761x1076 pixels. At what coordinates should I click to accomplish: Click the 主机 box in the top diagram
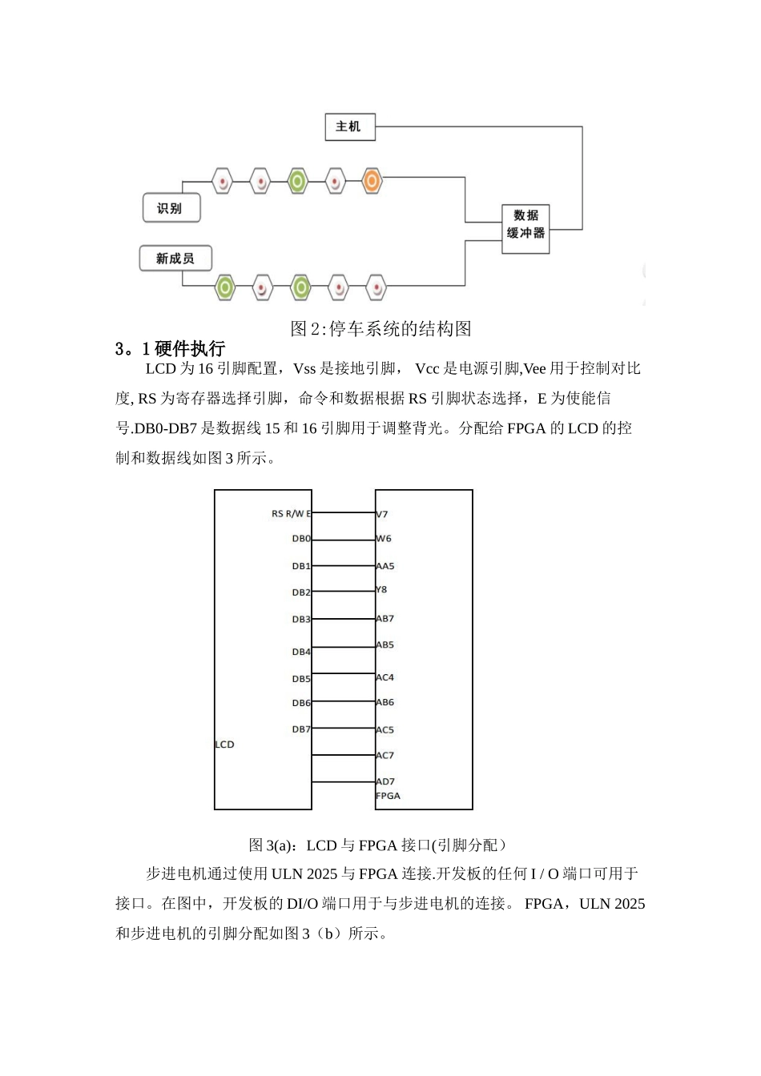(349, 126)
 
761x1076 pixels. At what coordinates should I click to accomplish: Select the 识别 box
(171, 208)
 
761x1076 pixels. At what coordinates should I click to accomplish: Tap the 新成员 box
(175, 259)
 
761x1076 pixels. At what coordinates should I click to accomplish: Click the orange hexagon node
(372, 181)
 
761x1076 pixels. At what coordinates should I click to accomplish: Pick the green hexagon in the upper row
(297, 182)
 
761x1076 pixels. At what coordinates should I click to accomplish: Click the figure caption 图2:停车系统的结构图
(380, 328)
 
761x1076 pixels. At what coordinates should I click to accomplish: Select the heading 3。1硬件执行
(170, 348)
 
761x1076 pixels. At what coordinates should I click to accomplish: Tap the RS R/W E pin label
(291, 514)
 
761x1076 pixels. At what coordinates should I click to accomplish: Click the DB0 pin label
(301, 539)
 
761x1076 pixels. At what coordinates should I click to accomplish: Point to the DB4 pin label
(301, 652)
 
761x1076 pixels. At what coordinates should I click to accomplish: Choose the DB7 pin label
(301, 729)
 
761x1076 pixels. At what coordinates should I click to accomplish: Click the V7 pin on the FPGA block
(382, 514)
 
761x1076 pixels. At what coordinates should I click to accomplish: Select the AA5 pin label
(385, 566)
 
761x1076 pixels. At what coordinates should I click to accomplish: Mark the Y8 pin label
(381, 589)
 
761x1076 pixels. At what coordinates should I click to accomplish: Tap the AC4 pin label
(385, 677)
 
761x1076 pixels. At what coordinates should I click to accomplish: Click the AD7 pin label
(385, 781)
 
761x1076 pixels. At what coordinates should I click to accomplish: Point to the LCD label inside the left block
(224, 745)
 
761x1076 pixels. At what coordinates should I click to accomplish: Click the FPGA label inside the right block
(388, 796)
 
